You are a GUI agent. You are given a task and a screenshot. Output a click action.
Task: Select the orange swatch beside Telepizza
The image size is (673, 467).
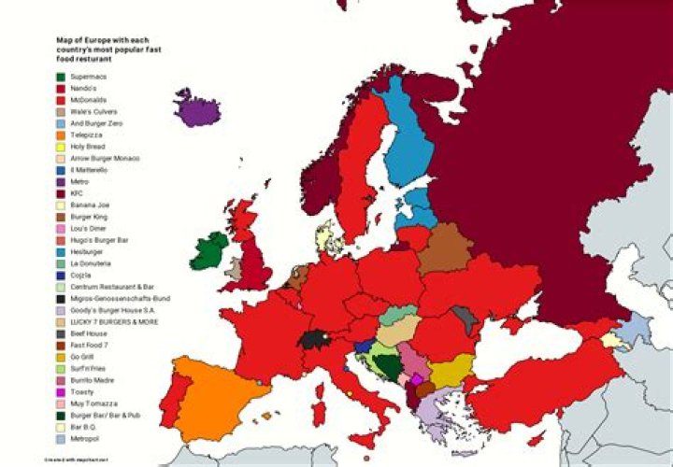(61, 134)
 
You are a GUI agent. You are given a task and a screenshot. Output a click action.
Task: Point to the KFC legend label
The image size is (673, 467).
(78, 193)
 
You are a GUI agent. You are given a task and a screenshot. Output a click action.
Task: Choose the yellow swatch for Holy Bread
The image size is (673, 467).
(61, 147)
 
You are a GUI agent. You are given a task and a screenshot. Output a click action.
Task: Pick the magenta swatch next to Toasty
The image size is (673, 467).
(61, 391)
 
